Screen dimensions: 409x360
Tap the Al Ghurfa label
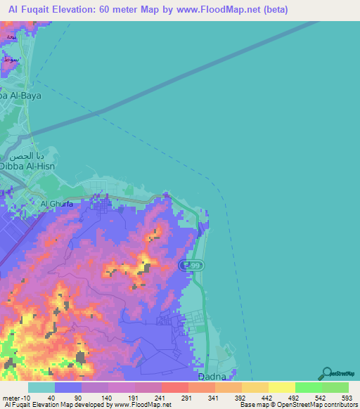pyautogui.click(x=58, y=204)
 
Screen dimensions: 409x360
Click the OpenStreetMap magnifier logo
pyautogui.click(x=327, y=375)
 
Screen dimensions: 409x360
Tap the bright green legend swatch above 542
pyautogui.click(x=309, y=387)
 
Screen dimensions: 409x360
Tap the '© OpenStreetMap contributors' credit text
pyautogui.click(x=320, y=404)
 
